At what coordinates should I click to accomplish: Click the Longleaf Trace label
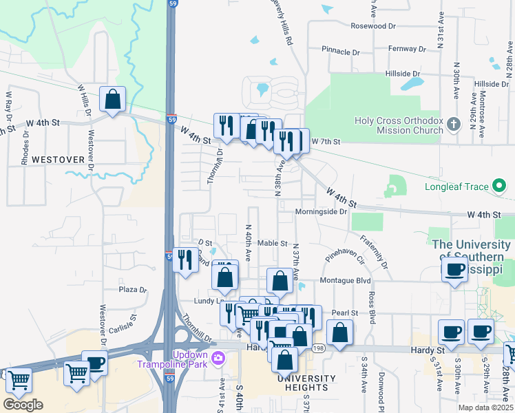(456, 187)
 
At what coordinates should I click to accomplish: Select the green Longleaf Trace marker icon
(501, 186)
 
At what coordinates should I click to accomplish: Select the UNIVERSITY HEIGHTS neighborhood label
(307, 379)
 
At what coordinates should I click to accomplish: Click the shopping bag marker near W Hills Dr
(112, 99)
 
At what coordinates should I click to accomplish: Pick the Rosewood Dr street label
(374, 25)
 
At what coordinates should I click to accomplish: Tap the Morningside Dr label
(320, 212)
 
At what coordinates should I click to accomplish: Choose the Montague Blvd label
(345, 281)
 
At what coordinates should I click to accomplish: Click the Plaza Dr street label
(133, 290)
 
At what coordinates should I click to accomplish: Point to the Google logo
(23, 405)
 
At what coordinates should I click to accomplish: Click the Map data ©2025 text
(486, 407)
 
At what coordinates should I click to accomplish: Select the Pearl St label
(344, 313)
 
